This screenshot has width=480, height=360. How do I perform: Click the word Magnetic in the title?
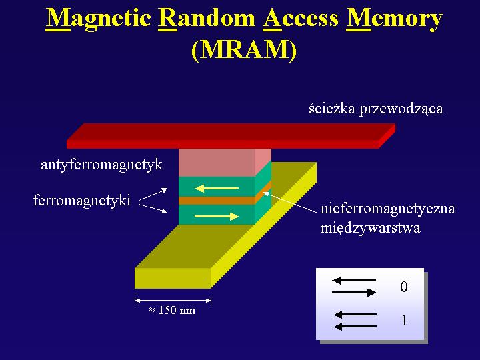[x=98, y=19]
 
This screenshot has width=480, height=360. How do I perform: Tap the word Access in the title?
[x=301, y=19]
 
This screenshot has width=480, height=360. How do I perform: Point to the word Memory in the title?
[x=394, y=19]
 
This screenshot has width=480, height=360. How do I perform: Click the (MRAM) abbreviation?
[x=244, y=49]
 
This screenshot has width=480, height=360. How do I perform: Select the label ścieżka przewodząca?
[x=375, y=109]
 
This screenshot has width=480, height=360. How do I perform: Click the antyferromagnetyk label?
[x=101, y=165]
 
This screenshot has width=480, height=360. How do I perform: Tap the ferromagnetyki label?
[x=82, y=201]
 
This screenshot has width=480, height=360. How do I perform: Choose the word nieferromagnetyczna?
[x=387, y=209]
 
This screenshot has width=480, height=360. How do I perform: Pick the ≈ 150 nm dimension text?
[x=173, y=311]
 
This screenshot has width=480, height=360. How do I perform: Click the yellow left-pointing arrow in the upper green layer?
[x=217, y=188]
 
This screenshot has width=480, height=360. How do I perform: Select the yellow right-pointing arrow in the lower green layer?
[x=217, y=217]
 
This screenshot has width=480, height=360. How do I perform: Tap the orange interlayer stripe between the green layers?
[x=217, y=201]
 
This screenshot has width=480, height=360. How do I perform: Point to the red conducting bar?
[x=231, y=136]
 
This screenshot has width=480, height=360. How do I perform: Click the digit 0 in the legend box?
[x=404, y=287]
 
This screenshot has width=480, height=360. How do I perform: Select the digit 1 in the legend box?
[x=405, y=321]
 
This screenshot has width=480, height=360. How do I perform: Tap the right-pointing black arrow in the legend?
[x=354, y=293]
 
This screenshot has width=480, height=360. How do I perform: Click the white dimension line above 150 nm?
[x=173, y=301]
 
